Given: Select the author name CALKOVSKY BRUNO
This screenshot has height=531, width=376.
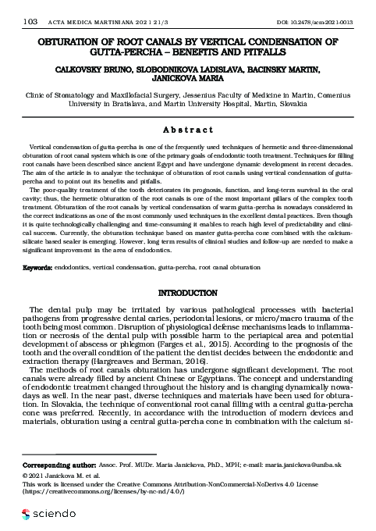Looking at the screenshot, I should pyautogui.click(x=93, y=69).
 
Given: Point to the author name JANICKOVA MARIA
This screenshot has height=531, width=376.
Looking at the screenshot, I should pyautogui.click(x=188, y=79).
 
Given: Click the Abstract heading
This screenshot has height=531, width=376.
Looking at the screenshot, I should pyautogui.click(x=188, y=131).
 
